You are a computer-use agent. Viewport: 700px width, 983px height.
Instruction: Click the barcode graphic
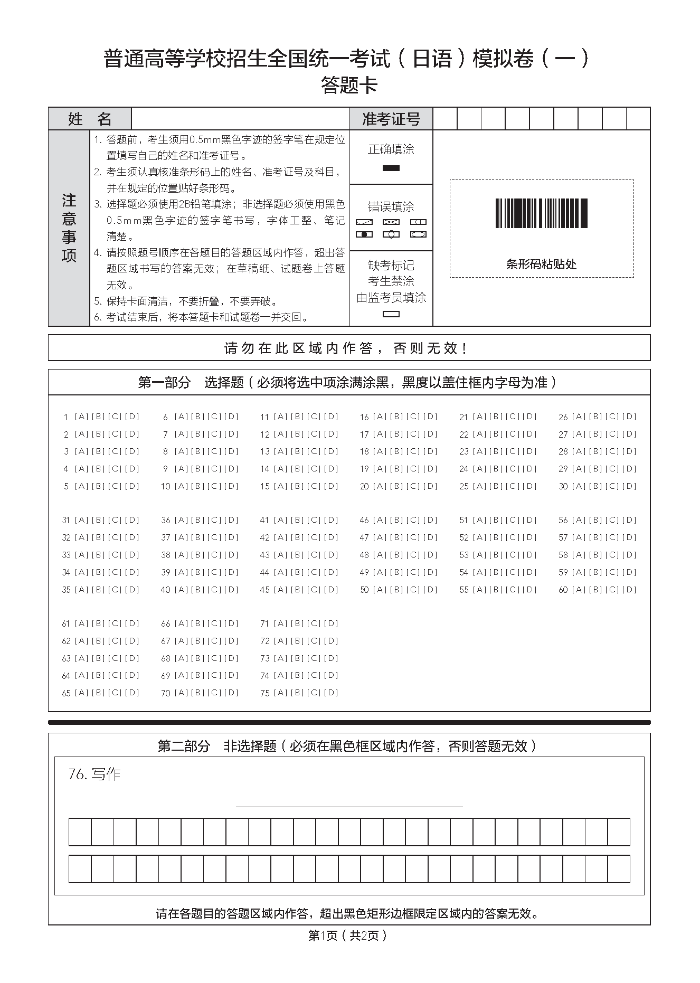541,213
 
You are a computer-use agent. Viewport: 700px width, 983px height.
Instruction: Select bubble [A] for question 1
81,417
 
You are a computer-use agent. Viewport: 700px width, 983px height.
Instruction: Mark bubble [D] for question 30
629,486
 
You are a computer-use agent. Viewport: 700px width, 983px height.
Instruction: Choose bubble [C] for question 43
315,554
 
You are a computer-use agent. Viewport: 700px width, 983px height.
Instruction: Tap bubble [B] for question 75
298,692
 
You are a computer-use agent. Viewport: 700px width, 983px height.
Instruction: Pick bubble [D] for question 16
431,417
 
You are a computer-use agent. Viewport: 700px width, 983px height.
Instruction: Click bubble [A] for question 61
81,623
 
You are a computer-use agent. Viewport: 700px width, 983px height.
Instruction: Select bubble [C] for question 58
612,554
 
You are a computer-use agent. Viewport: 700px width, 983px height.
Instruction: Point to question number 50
364,590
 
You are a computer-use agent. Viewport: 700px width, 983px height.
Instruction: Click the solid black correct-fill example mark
391,168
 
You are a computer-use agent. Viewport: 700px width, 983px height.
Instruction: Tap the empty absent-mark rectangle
391,314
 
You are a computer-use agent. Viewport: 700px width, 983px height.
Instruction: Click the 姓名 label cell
90,119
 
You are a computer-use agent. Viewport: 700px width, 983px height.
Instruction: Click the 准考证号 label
391,119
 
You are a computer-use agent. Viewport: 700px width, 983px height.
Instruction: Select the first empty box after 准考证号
444,119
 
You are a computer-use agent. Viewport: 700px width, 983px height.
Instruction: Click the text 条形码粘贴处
541,264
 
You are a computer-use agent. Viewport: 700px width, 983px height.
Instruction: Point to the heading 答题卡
349,85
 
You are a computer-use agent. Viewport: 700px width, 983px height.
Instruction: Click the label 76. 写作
94,774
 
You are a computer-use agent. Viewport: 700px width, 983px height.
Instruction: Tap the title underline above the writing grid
349,806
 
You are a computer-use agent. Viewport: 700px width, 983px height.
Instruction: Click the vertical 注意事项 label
69,228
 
